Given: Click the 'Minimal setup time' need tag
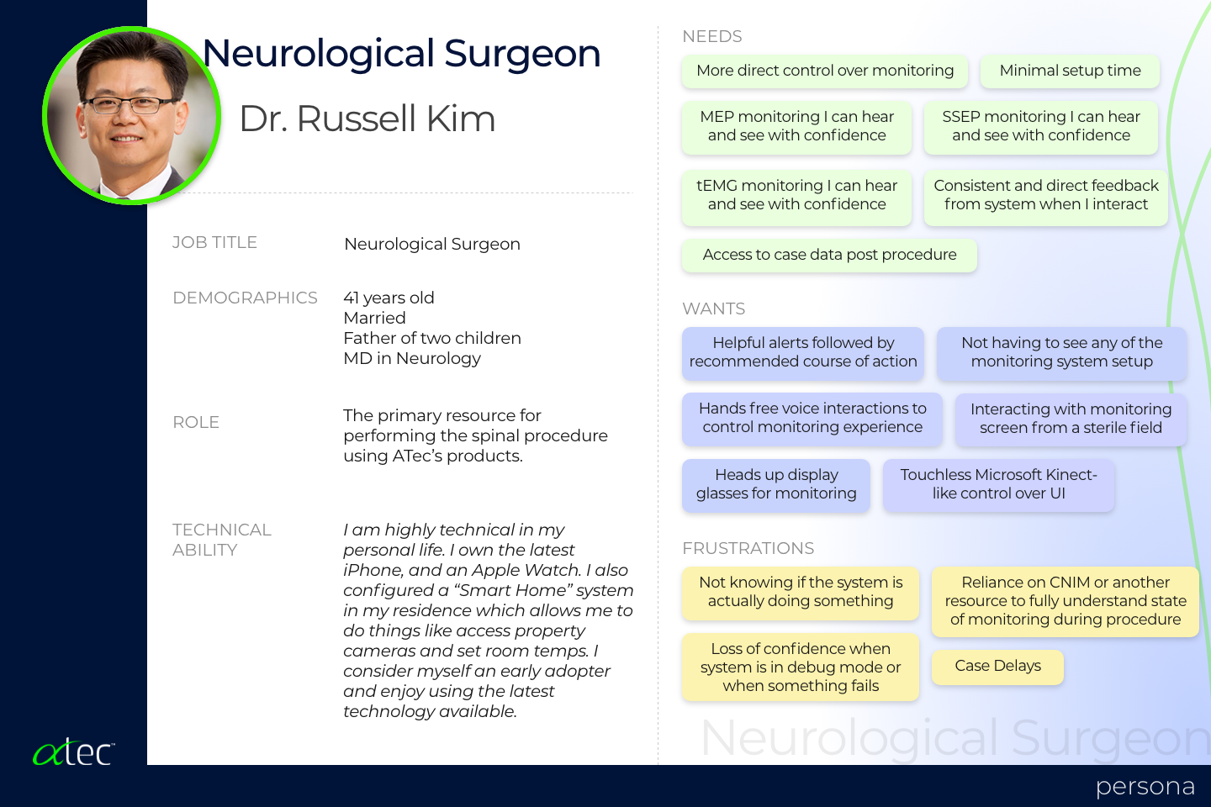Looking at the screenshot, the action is pos(1070,71).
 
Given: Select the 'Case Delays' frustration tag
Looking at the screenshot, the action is pos(997,666).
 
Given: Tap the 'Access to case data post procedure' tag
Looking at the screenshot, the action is pos(829,255).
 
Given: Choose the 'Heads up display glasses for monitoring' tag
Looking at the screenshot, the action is pos(775,484).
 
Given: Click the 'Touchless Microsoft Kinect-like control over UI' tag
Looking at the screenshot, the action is pos(998,484).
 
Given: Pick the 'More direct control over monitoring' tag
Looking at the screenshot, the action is pos(824,71).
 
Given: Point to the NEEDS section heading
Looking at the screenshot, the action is pos(712,36).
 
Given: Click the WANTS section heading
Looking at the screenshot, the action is pos(714,309).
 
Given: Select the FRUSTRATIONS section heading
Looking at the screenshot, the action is pos(748,548).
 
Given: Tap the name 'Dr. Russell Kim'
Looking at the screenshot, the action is pos(367,119).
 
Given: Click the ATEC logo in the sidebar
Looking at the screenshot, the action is pos(73,752).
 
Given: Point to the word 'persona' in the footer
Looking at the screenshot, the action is pos(1145,788).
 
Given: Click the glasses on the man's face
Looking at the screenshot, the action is pos(130,105).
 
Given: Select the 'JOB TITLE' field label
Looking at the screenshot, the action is pos(214,243).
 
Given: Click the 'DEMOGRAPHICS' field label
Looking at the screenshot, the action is pos(245,298).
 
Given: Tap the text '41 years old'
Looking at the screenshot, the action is pos(389,298).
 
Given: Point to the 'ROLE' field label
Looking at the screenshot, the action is pos(196,422).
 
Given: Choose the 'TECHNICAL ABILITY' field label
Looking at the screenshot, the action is pos(222,540).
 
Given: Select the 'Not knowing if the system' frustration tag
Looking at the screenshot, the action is pos(800,593).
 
